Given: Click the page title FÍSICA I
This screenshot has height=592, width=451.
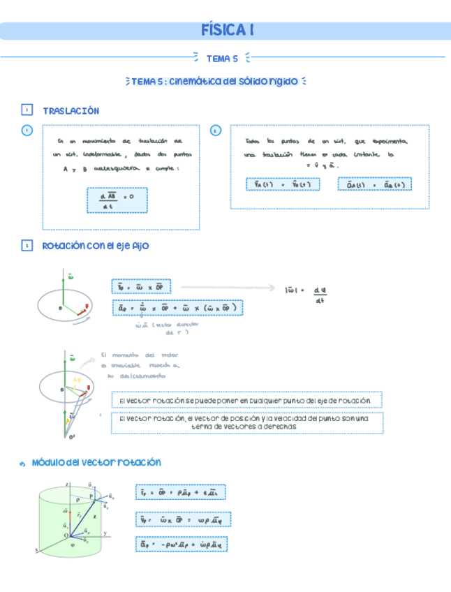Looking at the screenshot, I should click(226, 31).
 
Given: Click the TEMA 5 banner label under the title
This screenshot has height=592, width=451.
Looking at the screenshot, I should click(222, 59).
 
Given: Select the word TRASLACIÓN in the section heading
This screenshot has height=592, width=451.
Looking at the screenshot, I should click(71, 111).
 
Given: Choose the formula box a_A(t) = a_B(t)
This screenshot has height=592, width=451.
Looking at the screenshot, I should click(375, 184).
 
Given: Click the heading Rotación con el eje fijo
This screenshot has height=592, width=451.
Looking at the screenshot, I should click(96, 246).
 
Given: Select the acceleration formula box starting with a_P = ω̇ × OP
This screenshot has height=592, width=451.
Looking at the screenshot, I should click(177, 307).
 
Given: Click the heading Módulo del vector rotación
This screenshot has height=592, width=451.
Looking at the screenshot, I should click(97, 462).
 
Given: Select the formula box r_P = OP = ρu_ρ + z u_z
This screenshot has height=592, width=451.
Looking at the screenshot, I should click(180, 492).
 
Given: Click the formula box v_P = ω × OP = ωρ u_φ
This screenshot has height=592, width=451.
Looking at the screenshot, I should click(184, 519).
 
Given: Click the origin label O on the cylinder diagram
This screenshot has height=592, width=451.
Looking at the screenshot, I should click(67, 535).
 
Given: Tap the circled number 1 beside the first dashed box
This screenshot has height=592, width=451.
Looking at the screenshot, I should click(27, 131).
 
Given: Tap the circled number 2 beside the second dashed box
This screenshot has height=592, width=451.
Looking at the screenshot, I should click(215, 131).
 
